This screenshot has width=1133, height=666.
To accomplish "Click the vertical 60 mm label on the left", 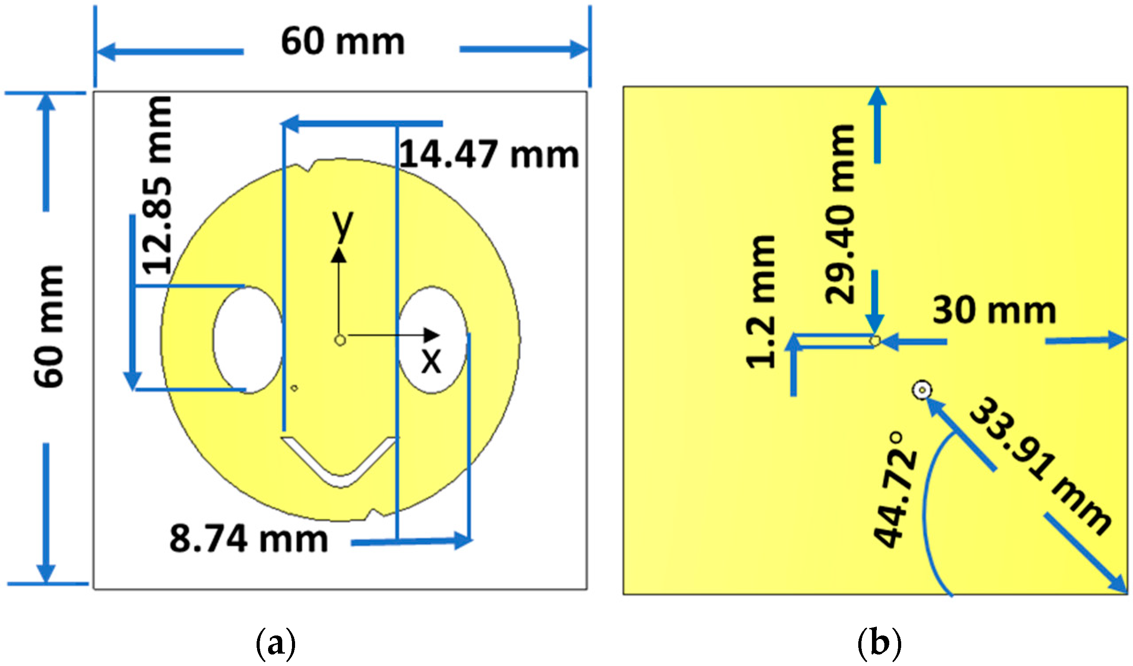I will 49,326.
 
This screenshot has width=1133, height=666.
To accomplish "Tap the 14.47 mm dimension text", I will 489,155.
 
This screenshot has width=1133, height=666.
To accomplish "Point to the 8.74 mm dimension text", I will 249,540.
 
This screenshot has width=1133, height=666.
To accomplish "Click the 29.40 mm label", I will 839,214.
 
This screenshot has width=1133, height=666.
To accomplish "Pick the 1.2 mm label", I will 761,302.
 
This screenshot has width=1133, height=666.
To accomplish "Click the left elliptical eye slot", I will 248,340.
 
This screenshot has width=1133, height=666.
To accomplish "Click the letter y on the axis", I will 342,225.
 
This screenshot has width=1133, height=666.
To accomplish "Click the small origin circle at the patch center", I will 340,340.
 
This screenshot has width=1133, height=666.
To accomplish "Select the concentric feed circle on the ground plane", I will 922,390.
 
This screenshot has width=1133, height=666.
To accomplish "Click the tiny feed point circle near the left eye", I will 295,388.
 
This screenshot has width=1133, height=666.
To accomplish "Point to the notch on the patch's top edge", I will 311,167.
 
